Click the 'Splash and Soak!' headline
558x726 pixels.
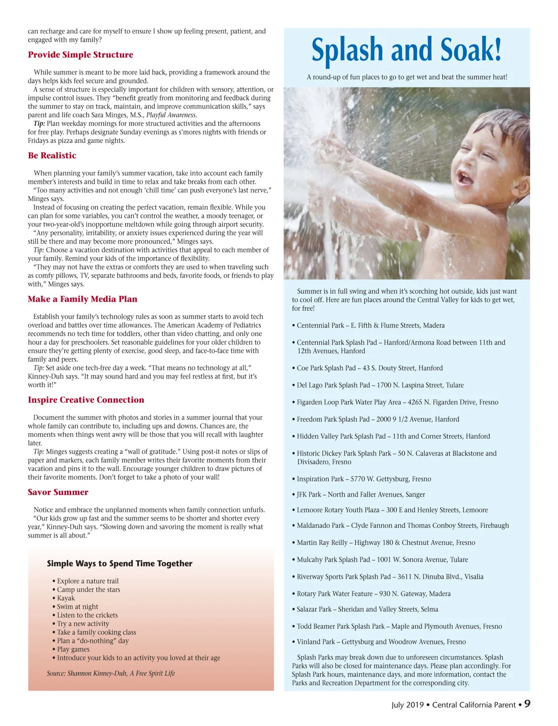[x=406, y=50]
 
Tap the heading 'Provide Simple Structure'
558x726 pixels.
[x=80, y=55]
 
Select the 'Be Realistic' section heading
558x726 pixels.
[x=52, y=155]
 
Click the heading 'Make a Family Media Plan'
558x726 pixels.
[x=82, y=299]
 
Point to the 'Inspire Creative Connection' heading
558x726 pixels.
[x=86, y=400]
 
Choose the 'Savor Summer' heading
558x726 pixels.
[x=58, y=492]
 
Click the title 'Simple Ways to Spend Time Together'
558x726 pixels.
[x=120, y=564]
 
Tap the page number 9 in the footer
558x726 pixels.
[x=527, y=704]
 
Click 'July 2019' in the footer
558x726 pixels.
[x=407, y=705]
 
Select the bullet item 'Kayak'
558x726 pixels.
[x=66, y=598]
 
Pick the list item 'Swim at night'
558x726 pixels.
[x=78, y=606]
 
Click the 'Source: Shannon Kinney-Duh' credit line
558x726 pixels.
[x=111, y=673]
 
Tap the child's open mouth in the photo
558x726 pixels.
[x=465, y=176]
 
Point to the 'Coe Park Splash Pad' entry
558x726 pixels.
[x=370, y=368]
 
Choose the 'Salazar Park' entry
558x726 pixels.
[x=367, y=609]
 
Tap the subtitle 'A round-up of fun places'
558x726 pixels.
[x=407, y=77]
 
